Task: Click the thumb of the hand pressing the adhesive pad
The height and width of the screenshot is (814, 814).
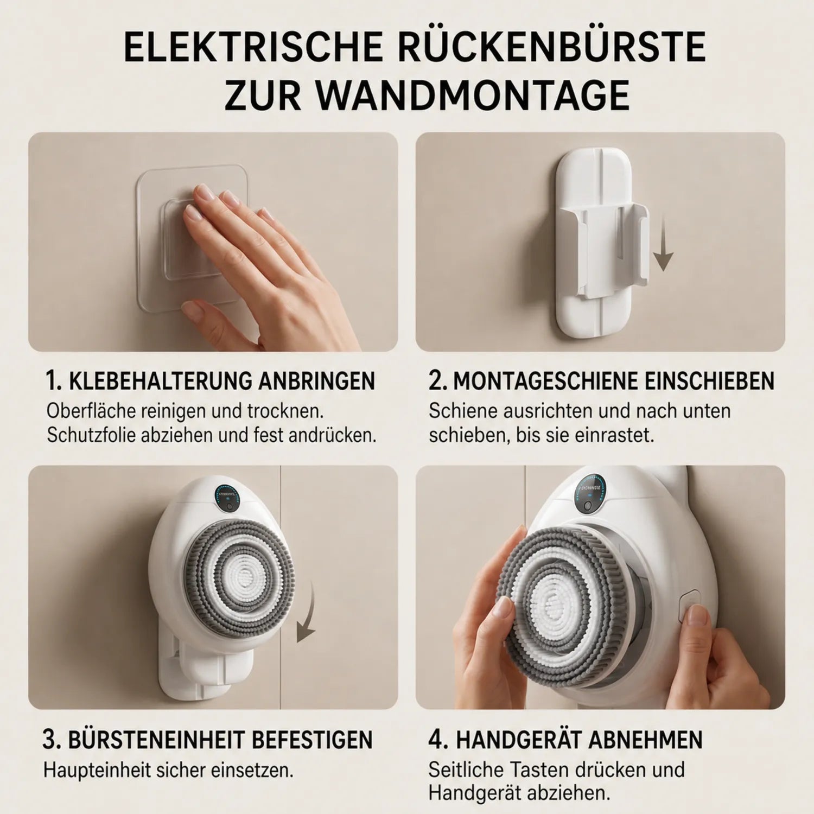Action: pyautogui.click(x=198, y=310)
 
